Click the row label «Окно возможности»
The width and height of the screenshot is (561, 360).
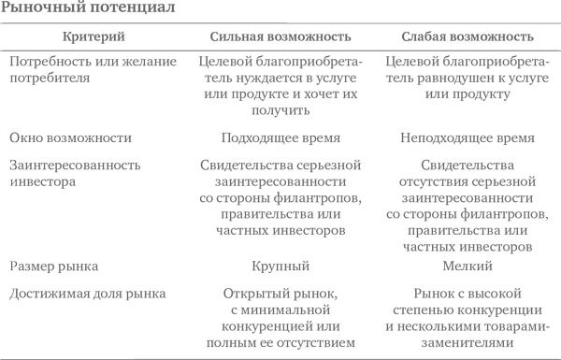click(x=71, y=137)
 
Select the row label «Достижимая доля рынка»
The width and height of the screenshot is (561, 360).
click(x=88, y=293)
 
